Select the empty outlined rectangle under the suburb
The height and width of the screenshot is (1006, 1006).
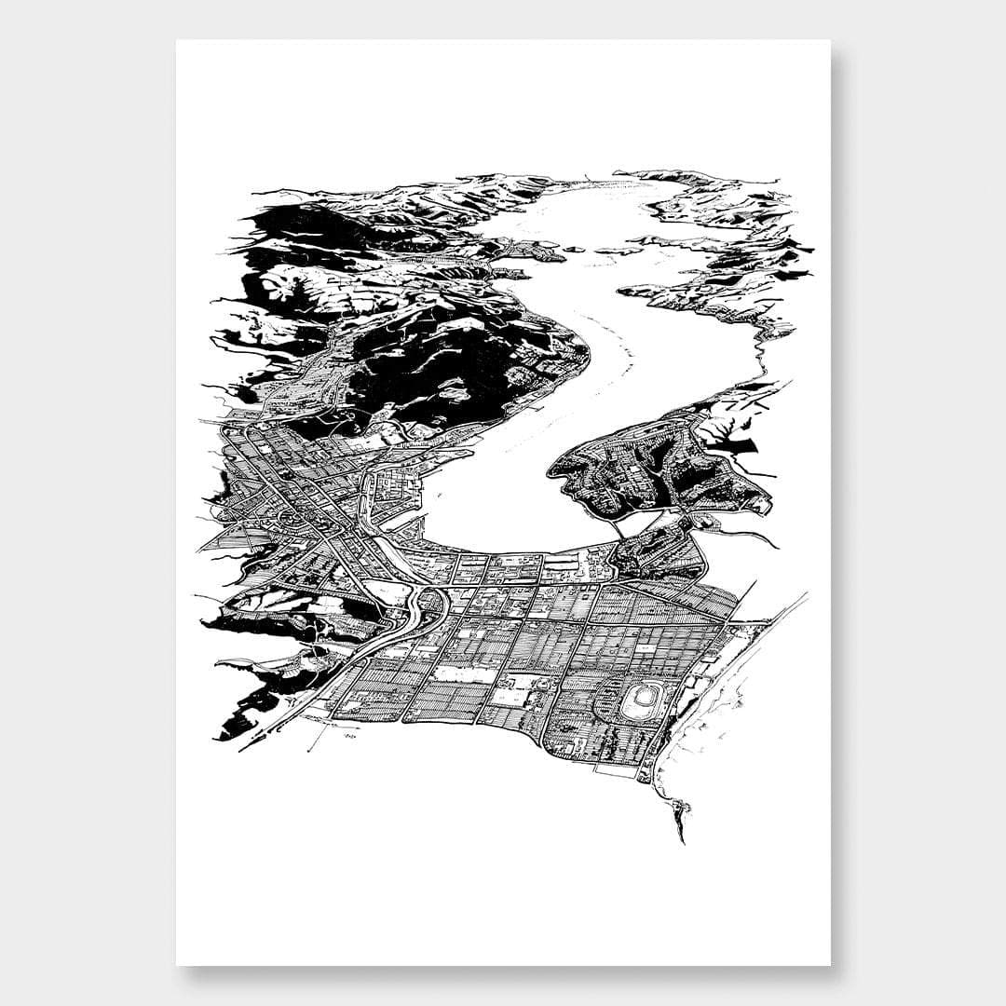pyautogui.click(x=614, y=770)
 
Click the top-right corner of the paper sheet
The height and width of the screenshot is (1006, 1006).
pyautogui.click(x=830, y=40)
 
